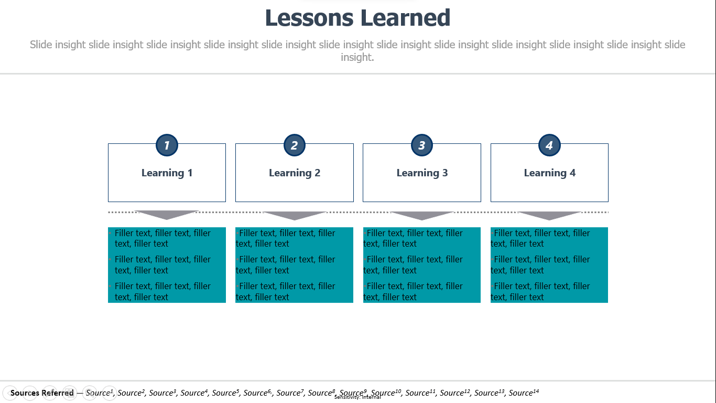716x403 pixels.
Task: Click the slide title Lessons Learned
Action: [357, 18]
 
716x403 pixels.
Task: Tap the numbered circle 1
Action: [167, 145]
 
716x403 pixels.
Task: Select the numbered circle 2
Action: [295, 145]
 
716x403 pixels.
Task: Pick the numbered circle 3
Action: [422, 145]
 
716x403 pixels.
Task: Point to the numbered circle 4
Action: [549, 145]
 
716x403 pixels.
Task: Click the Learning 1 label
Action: [167, 173]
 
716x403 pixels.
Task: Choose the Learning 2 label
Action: [295, 173]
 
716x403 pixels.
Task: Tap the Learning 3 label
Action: [422, 173]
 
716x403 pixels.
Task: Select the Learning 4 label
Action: [549, 173]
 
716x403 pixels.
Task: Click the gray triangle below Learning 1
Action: [167, 215]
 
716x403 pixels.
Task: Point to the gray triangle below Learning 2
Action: [295, 215]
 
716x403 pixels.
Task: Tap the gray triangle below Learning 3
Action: [422, 215]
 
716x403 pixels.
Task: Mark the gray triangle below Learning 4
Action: [549, 215]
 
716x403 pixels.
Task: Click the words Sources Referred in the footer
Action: [42, 393]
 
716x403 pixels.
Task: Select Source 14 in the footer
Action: [524, 393]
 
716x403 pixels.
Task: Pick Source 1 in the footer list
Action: [100, 393]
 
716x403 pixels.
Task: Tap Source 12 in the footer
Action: [455, 393]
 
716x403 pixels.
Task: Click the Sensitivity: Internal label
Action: [357, 397]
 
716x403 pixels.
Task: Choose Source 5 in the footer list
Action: [225, 393]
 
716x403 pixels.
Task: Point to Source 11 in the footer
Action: [420, 393]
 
